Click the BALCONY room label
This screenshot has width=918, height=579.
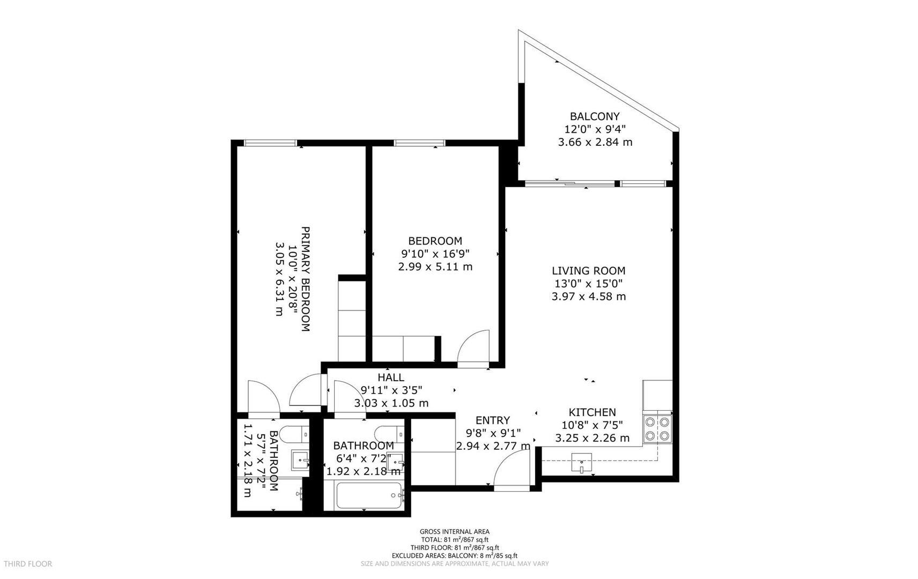click(x=595, y=116)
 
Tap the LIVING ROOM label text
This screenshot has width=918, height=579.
click(x=589, y=271)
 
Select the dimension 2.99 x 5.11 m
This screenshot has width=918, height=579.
click(x=435, y=266)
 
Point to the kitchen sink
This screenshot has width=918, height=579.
click(x=581, y=462)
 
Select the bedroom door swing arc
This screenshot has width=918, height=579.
click(x=474, y=347)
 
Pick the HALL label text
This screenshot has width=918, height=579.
click(x=391, y=377)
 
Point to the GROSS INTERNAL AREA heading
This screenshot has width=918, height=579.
click(x=454, y=532)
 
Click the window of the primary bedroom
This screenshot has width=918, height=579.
click(x=270, y=143)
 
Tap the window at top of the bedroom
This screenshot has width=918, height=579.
click(x=420, y=143)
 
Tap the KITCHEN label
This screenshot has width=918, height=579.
click(x=592, y=412)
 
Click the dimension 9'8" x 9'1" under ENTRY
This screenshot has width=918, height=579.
click(x=493, y=433)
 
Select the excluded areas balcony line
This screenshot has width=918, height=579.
click(x=454, y=556)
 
